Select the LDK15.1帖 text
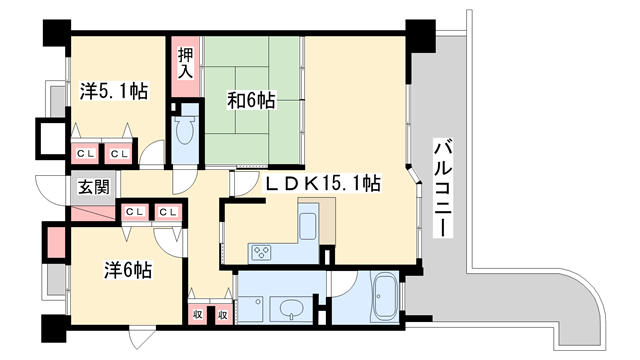pyautogui.click(x=321, y=183)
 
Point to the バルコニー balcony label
pyautogui.click(x=440, y=191)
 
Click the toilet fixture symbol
pyautogui.click(x=184, y=132)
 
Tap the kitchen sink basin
pyautogui.click(x=308, y=225)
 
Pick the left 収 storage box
pyautogui.click(x=198, y=314)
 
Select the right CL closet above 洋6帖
pyautogui.click(x=167, y=211)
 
